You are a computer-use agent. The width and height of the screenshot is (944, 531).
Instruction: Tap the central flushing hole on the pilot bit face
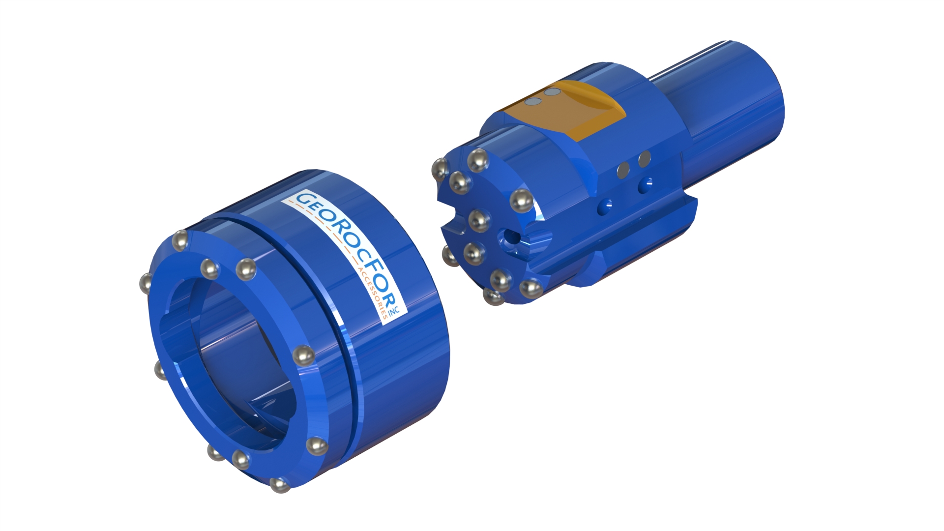[x=509, y=238]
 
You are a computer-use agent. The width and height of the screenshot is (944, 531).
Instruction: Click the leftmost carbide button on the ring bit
[x=147, y=283]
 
